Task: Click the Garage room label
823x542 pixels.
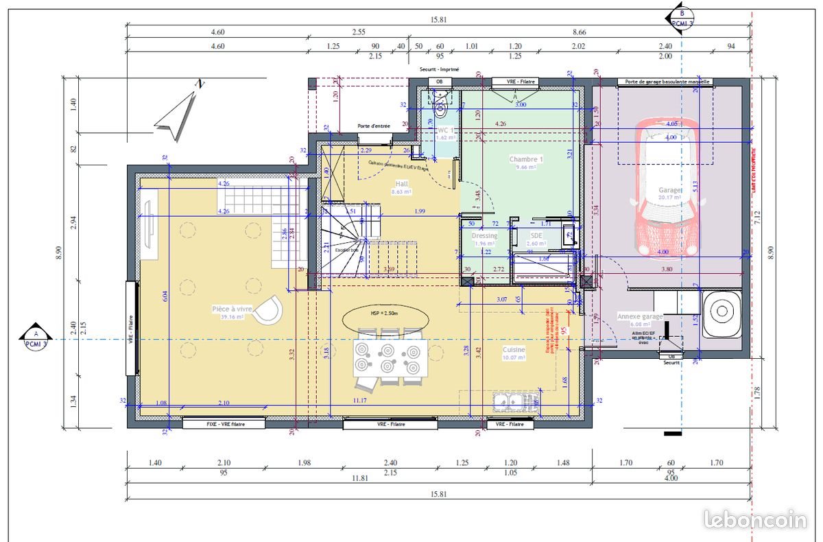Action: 670,190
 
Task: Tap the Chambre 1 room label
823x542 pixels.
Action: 526,159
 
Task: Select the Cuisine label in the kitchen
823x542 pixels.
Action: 514,349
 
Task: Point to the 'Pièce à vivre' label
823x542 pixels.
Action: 231,309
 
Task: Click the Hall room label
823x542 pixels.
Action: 402,184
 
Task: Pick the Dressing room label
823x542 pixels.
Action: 485,236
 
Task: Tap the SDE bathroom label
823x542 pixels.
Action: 536,235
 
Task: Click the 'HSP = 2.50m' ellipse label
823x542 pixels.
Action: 385,314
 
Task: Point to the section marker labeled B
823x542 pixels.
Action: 681,18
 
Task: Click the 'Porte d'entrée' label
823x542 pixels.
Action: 374,126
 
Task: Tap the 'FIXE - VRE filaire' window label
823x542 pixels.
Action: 224,424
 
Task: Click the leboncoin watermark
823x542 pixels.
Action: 755,519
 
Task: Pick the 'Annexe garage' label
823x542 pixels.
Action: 640,316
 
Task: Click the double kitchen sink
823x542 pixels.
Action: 508,401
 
